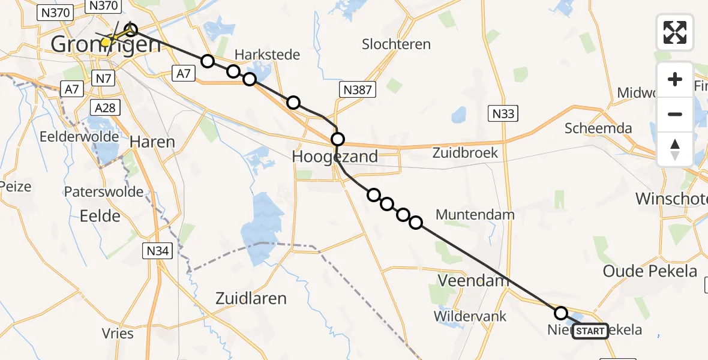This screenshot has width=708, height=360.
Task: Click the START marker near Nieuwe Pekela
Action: tap(590, 331)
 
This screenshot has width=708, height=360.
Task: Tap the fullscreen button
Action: tap(675, 32)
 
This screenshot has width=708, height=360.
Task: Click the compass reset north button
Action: tap(675, 149)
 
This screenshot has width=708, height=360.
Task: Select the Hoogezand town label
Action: tap(335, 157)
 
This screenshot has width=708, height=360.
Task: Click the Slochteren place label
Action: tap(397, 44)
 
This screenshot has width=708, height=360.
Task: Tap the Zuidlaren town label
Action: tap(252, 298)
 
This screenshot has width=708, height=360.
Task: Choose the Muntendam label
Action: tap(475, 214)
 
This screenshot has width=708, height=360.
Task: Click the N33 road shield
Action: tap(502, 113)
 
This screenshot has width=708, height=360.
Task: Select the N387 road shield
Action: tap(358, 91)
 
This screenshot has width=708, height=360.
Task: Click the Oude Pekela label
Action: tap(650, 271)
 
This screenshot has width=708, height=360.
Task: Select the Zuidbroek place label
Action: tap(465, 152)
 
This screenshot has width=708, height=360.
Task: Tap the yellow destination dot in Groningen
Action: tap(106, 42)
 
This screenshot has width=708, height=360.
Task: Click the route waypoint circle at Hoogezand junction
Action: tap(338, 140)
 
